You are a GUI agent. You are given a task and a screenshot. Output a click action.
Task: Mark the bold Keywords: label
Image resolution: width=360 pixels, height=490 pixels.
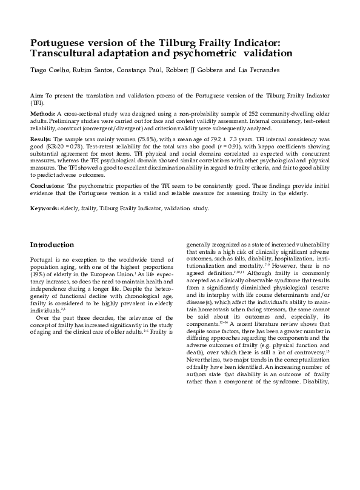[45, 208]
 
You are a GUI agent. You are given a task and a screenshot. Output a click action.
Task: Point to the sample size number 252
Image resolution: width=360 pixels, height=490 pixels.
[241, 113]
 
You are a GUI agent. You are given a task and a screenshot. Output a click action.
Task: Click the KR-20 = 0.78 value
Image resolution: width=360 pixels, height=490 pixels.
[67, 147]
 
